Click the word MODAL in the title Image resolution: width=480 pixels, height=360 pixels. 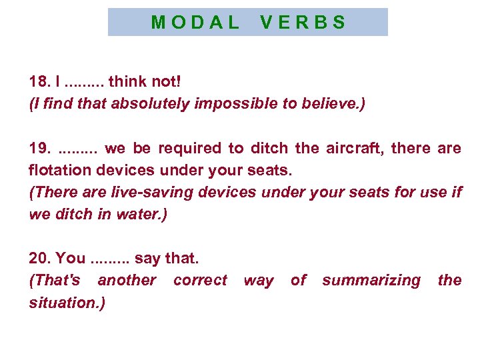point(195,23)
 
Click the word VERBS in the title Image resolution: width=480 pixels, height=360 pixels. point(303,23)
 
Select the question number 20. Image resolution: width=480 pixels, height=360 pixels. point(40,257)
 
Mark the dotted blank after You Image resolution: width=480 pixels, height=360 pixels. point(110,259)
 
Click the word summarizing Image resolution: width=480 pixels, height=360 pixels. point(371,280)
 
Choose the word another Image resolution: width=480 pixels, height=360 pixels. point(127,280)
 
